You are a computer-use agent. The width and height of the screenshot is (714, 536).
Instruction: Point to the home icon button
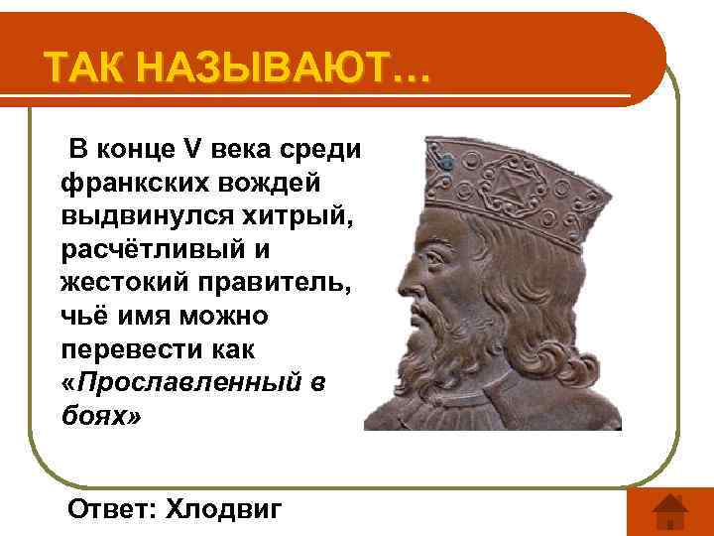[671, 512]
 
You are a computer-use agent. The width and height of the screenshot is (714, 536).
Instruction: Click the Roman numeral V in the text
[193, 151]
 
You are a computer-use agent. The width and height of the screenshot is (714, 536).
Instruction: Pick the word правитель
[271, 282]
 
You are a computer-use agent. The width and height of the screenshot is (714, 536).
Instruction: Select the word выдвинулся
[148, 215]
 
